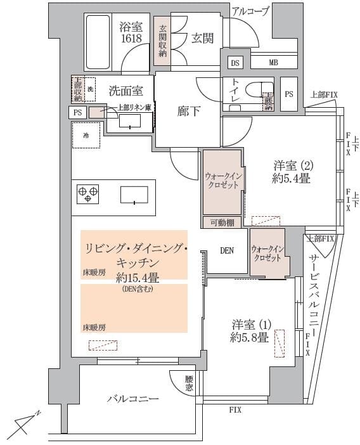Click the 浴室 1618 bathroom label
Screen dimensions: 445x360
point(131,32)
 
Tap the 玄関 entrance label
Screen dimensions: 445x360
point(202,38)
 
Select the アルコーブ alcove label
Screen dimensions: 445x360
point(250,11)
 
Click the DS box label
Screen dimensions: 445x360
point(235,63)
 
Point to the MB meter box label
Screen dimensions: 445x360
point(273,63)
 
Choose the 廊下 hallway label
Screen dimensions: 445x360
point(189,112)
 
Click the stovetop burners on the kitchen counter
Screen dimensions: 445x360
point(88,193)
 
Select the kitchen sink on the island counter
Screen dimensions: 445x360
point(134,193)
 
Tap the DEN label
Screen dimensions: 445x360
point(227,250)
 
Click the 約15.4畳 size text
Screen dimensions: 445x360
point(134,277)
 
